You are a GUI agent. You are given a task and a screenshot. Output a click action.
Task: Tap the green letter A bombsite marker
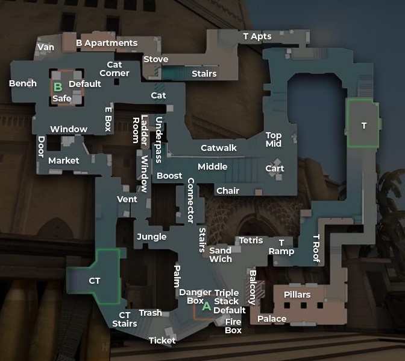206,306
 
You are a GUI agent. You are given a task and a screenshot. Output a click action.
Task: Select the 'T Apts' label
257,36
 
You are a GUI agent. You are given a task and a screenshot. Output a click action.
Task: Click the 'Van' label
46,47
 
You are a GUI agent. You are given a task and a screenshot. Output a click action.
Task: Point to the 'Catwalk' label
218,148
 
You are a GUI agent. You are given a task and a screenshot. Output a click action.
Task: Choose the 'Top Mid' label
274,139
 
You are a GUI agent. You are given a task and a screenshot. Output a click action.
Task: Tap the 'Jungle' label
151,237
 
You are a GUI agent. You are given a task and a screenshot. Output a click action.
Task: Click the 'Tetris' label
251,240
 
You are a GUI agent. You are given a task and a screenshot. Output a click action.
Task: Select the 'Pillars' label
297,295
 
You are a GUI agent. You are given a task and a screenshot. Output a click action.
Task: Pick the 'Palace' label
272,319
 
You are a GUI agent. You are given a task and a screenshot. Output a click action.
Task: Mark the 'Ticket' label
162,340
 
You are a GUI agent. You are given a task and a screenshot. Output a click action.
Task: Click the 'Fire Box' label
233,326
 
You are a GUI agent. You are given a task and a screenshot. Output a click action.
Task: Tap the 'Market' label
64,161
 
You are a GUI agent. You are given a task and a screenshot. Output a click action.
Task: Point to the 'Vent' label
127,199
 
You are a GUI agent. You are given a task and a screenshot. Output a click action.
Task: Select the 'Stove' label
155,59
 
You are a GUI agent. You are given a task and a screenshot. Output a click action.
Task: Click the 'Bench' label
23,83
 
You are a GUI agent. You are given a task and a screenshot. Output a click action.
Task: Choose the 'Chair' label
228,191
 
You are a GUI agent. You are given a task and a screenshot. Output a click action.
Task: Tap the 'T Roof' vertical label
316,248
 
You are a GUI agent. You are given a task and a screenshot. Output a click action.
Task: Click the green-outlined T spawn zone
363,124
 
